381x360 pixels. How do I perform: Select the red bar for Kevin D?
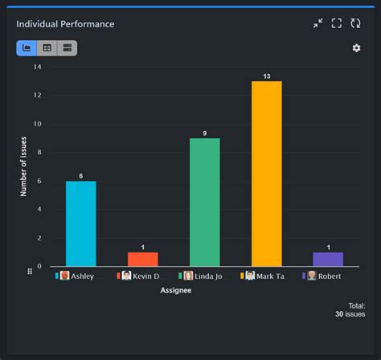[142, 259]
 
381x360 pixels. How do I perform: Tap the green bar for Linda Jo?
[204, 202]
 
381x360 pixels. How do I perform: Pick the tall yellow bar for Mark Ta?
[266, 173]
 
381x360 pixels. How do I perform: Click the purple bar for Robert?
[328, 259]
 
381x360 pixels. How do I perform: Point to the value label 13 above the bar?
[266, 76]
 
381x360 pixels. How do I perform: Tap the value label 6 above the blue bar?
[80, 176]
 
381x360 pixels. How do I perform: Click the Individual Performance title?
[65, 24]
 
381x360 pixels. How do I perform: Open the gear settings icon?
[357, 48]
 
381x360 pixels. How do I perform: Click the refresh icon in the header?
[355, 23]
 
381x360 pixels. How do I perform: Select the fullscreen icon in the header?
[337, 23]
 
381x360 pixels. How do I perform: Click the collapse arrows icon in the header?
[318, 23]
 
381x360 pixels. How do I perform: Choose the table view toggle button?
[47, 48]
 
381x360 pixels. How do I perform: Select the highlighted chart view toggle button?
[27, 48]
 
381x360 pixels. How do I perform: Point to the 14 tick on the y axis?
[37, 67]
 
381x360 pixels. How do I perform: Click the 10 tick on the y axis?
[37, 125]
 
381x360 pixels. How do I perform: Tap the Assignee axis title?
[174, 291]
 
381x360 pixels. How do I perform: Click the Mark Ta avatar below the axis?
[251, 276]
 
